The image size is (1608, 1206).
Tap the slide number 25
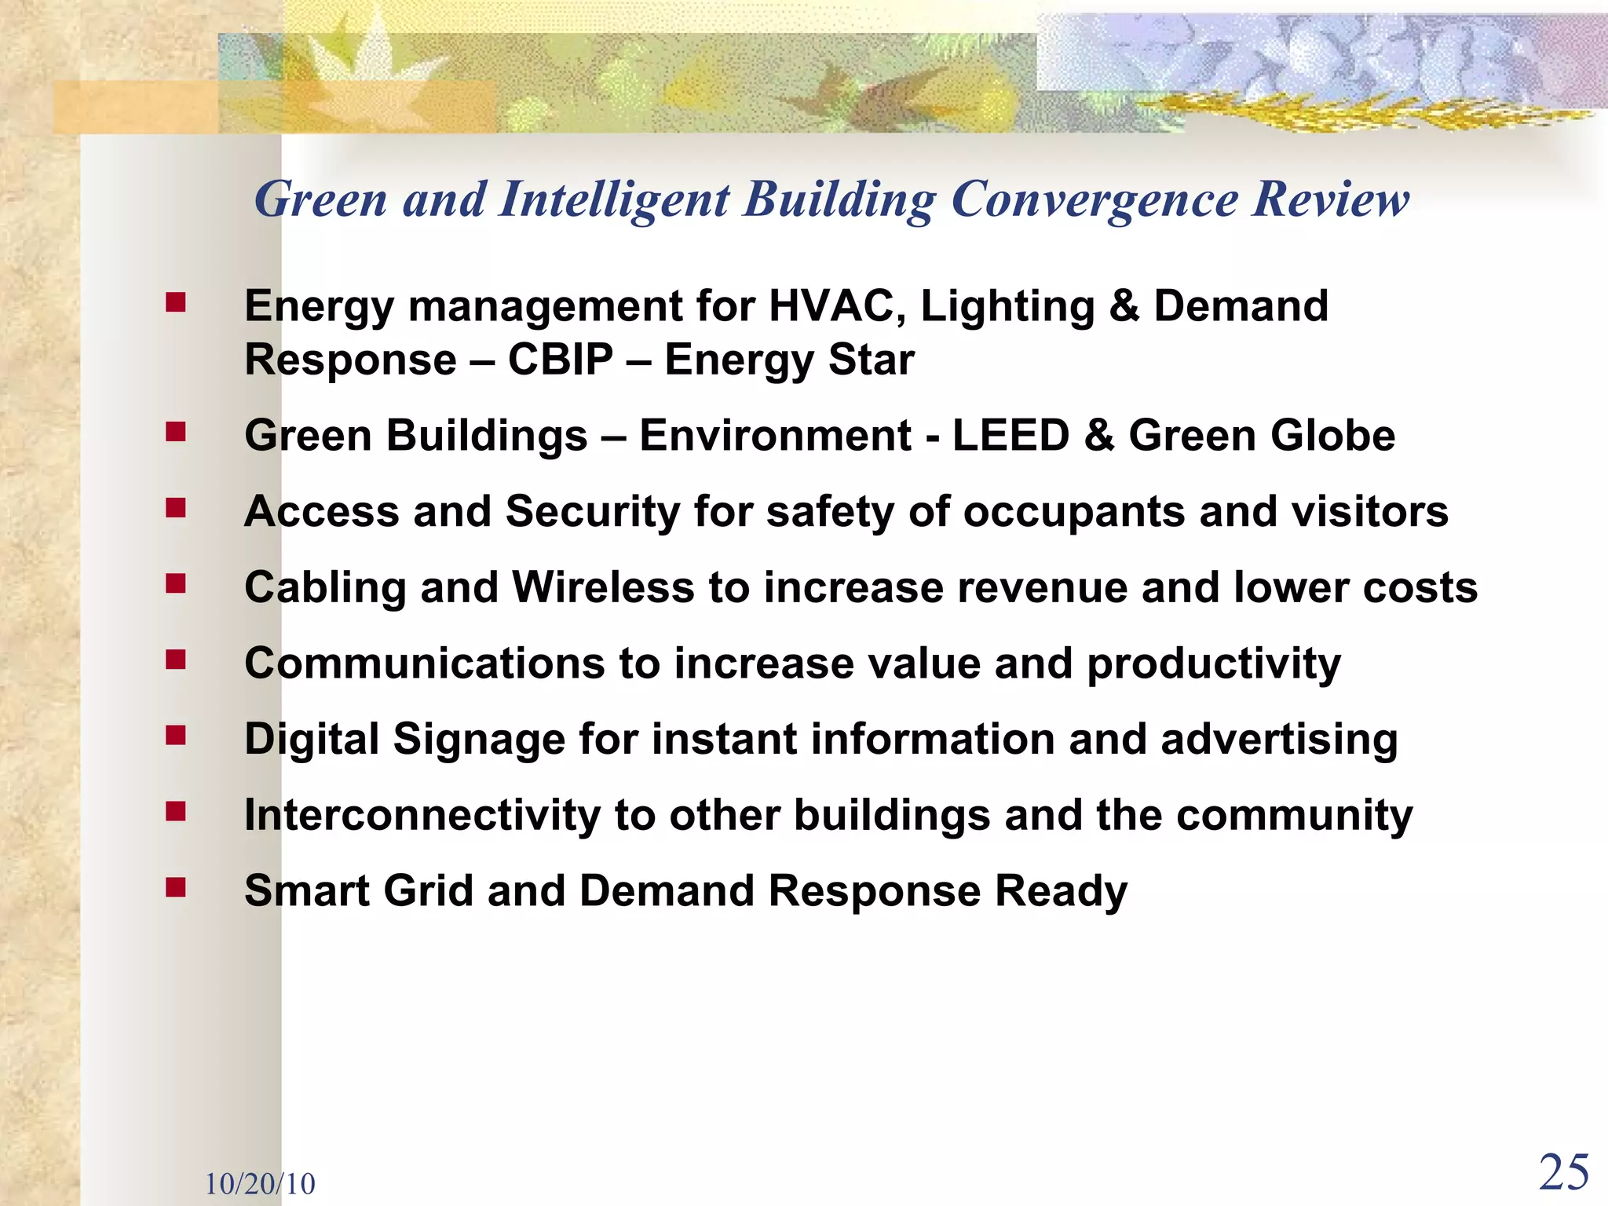pyautogui.click(x=1564, y=1173)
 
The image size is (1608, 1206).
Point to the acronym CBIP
pyautogui.click(x=561, y=360)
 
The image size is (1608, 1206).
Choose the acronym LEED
pyautogui.click(x=1011, y=435)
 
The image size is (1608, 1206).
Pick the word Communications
pyautogui.click(x=425, y=663)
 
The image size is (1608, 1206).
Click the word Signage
pyautogui.click(x=479, y=740)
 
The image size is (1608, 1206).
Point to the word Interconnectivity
pyautogui.click(x=422, y=815)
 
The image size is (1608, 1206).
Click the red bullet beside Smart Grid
pyautogui.click(x=175, y=887)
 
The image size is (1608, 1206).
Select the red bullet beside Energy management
pyautogui.click(x=175, y=302)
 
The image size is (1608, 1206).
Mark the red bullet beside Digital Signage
pyautogui.click(x=175, y=736)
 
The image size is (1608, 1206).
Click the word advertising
pyautogui.click(x=1279, y=740)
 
